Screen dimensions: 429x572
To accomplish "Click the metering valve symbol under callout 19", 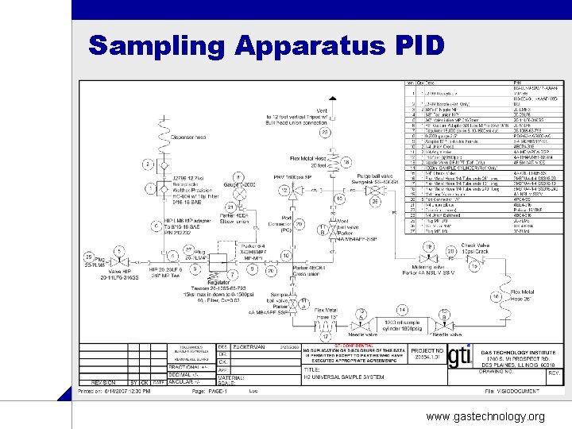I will coord(430,261).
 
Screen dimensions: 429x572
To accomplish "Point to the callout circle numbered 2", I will coord(148,165).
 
